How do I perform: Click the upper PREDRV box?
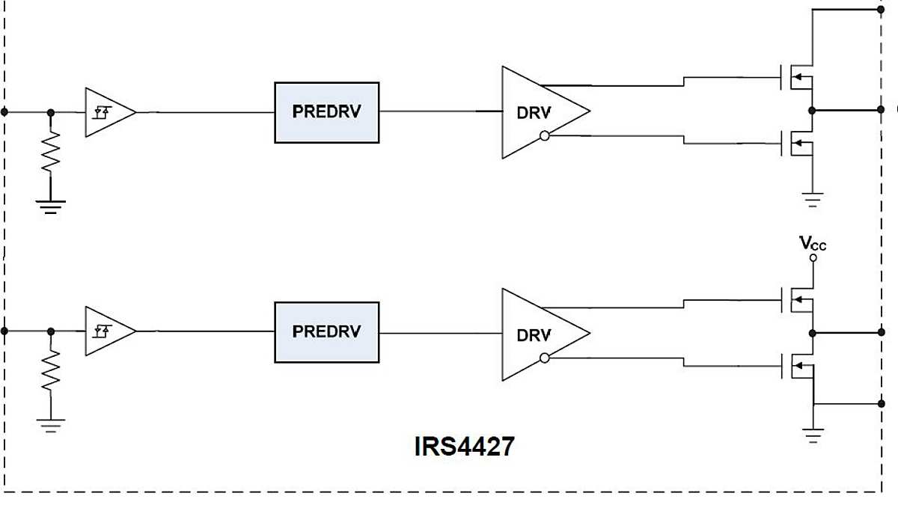(x=327, y=112)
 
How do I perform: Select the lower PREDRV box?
(x=327, y=332)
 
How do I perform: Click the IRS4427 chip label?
(x=464, y=447)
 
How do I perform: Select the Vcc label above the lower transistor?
(x=813, y=244)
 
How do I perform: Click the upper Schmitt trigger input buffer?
(x=106, y=112)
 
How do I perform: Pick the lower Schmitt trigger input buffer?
(x=106, y=331)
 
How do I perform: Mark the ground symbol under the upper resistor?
(x=50, y=206)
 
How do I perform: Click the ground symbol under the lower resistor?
(x=50, y=425)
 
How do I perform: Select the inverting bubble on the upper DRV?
(x=545, y=136)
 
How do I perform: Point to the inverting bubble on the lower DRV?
(x=545, y=358)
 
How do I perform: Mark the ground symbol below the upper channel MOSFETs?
(x=813, y=200)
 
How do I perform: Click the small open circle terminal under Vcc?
(x=813, y=258)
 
